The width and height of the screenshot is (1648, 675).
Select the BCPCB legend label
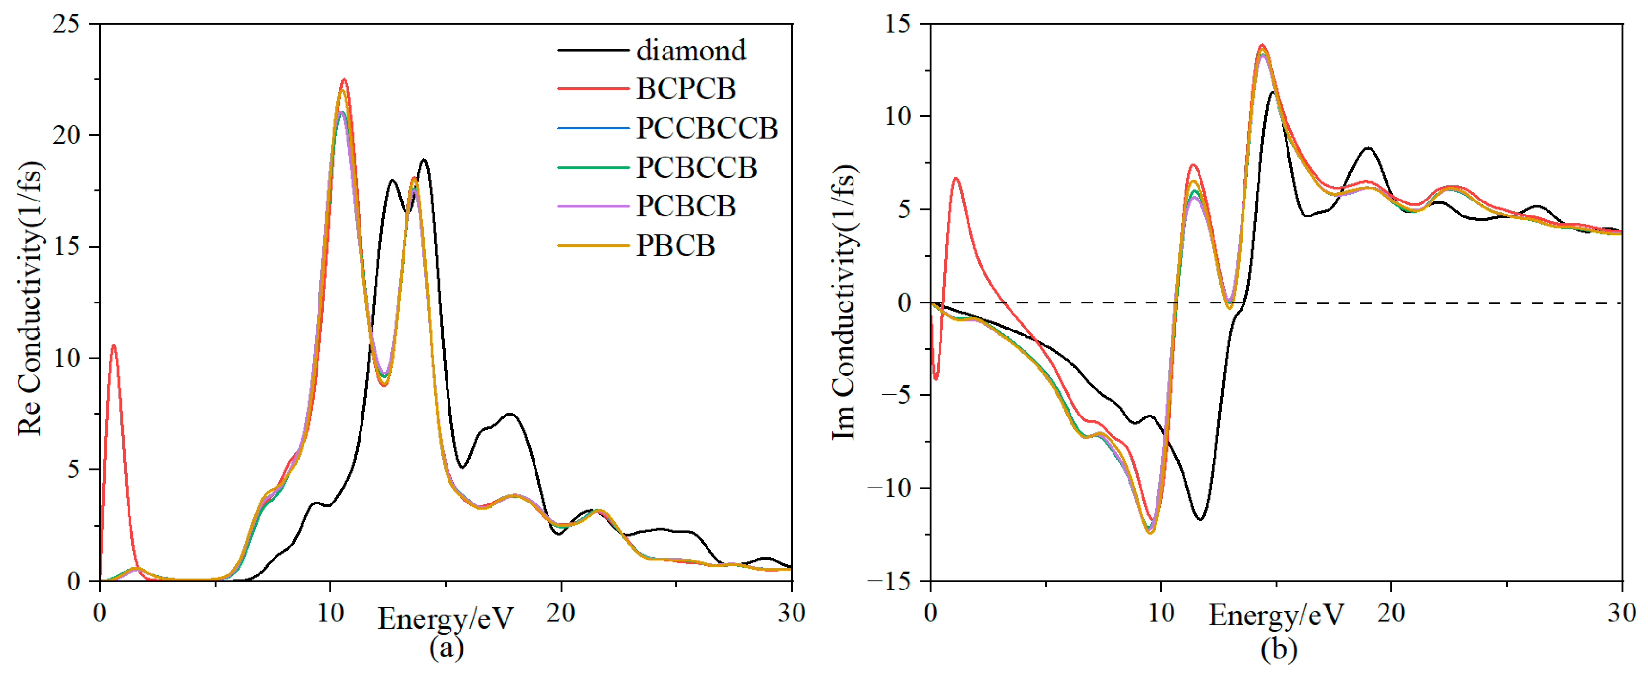pos(685,89)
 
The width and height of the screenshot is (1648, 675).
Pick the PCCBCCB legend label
pos(706,129)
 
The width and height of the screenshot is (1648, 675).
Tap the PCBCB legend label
pos(685,207)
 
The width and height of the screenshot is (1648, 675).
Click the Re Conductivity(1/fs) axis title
pos(30,299)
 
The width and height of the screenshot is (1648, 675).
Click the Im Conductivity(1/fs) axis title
pos(844,302)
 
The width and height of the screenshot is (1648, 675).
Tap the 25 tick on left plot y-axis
pos(66,24)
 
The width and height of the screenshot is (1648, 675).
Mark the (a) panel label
pos(446,647)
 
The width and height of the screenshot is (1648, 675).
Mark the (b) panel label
pos(1278,649)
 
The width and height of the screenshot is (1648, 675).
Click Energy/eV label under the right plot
pos(1276,616)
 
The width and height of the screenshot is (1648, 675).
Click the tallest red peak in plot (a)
pos(344,80)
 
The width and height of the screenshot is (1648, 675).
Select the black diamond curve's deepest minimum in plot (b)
pos(1200,519)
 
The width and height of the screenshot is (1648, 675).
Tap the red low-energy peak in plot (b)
pos(957,179)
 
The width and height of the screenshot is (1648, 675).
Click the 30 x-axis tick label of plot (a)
pos(791,613)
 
